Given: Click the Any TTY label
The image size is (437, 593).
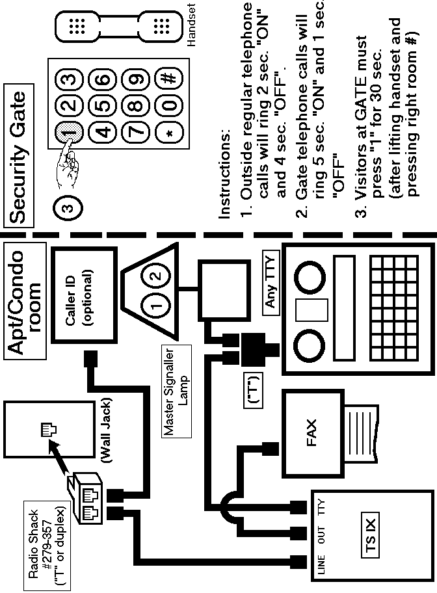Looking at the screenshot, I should pyautogui.click(x=271, y=287).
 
